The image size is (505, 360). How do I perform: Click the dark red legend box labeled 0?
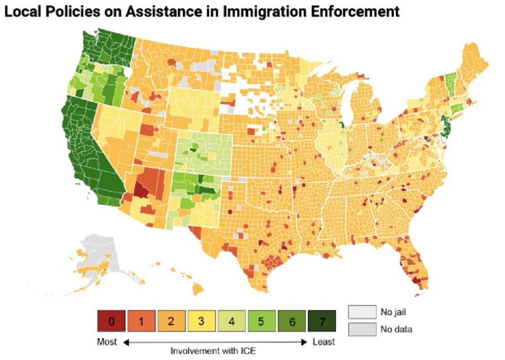pyautogui.click(x=111, y=322)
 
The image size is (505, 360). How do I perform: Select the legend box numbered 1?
pyautogui.click(x=141, y=322)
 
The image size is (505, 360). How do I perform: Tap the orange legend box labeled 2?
pyautogui.click(x=171, y=322)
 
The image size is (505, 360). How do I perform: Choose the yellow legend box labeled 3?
pyautogui.click(x=201, y=322)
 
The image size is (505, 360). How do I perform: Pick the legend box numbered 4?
pyautogui.click(x=231, y=322)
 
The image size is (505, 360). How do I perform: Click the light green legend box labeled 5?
pyautogui.click(x=261, y=322)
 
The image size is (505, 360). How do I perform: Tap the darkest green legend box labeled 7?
pyautogui.click(x=322, y=322)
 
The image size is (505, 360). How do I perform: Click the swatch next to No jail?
pyautogui.click(x=362, y=312)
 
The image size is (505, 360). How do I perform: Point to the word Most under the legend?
pyautogui.click(x=107, y=342)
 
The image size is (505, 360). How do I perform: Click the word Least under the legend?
pyautogui.click(x=324, y=342)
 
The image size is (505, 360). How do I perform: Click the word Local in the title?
pyautogui.click(x=21, y=12)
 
